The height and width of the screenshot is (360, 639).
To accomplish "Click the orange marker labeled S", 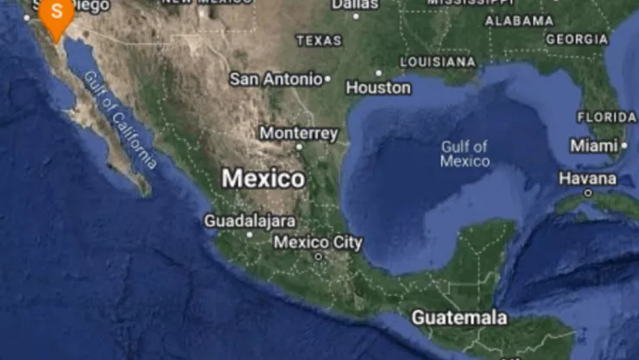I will click(57, 15).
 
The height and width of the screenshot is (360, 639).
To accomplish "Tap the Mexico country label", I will click(263, 179).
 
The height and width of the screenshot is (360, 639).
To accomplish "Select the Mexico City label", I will click(318, 243).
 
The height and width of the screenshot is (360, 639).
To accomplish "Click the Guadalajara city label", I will click(250, 221).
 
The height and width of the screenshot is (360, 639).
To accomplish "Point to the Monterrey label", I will click(299, 134).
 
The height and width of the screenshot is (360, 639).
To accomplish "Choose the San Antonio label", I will click(275, 79).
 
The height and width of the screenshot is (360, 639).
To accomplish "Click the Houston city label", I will click(378, 87).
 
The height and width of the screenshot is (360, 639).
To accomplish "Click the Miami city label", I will click(593, 147).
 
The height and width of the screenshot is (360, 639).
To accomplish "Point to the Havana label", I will click(587, 179).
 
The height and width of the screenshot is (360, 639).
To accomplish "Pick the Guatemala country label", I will click(459, 318).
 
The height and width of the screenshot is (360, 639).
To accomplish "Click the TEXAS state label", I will click(319, 41).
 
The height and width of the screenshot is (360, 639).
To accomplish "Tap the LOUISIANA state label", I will click(437, 62).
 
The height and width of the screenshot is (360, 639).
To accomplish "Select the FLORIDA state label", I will click(606, 117).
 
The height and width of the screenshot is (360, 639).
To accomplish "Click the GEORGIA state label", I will click(577, 40).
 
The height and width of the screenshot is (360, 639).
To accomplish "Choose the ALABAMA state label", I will click(519, 21).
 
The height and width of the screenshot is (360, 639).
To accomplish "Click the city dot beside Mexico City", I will click(318, 256).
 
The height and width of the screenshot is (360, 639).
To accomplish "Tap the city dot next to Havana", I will click(588, 193).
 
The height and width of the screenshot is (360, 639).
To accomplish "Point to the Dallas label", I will click(355, 4).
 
